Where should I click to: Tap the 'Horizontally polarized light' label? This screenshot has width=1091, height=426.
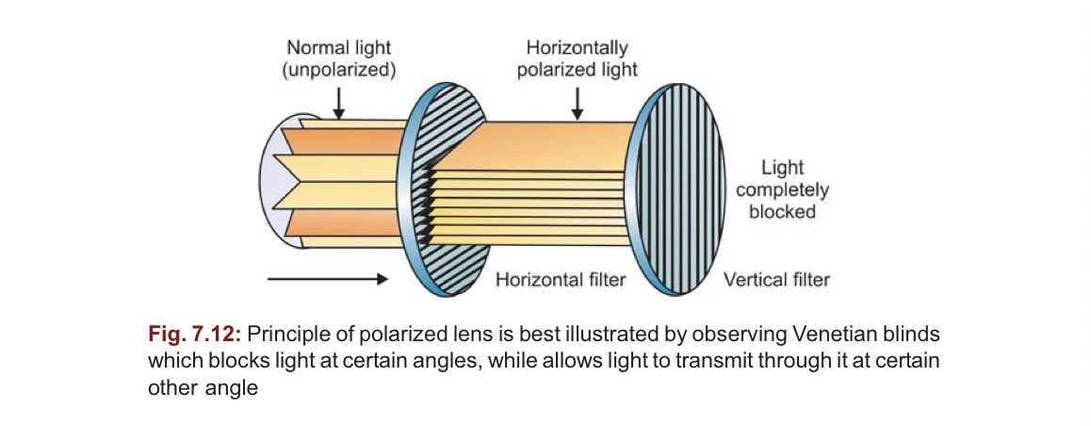click(577, 57)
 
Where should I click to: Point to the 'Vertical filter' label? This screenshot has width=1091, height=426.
click(776, 280)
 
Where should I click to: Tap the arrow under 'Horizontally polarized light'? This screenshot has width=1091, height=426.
click(577, 102)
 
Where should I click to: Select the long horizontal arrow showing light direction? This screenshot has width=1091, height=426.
click(327, 279)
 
